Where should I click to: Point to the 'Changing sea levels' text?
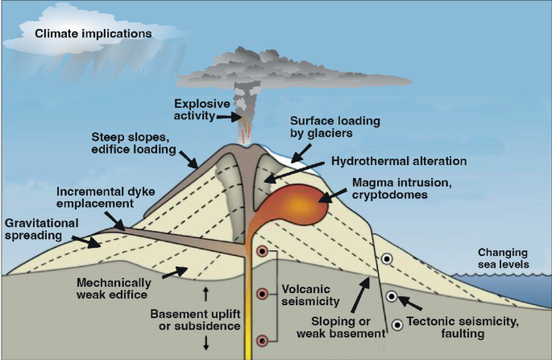504,257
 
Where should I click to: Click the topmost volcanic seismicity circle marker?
263,253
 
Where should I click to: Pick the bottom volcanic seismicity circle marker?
263,341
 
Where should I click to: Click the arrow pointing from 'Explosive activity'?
233,116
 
